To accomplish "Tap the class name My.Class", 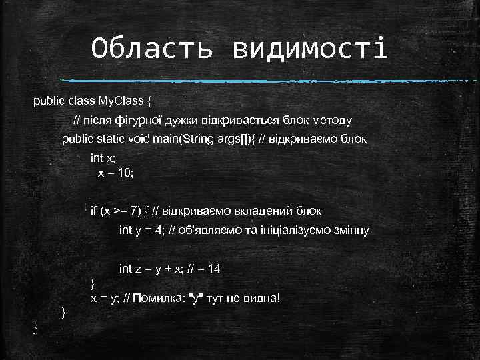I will pos(121,101).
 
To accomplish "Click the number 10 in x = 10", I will pos(127,172).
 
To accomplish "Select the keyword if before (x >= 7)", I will pos(94,211).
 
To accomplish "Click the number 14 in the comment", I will pos(214,269).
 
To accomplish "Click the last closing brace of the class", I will pos(36,327).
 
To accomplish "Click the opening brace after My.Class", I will pos(150,102).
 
